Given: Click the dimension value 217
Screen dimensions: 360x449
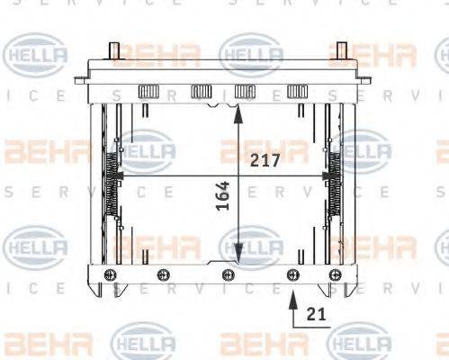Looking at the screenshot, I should [265, 161].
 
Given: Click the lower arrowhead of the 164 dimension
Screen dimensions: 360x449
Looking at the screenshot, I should [238, 258].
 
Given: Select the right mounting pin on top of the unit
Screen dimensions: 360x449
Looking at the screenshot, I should [342, 51].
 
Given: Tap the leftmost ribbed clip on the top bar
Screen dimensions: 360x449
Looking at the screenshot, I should [148, 93].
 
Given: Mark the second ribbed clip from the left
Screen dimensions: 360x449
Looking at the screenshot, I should [201, 93].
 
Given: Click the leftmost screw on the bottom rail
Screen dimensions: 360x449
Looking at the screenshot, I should [110, 274].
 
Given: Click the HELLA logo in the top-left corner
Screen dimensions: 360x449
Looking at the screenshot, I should [36, 56].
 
